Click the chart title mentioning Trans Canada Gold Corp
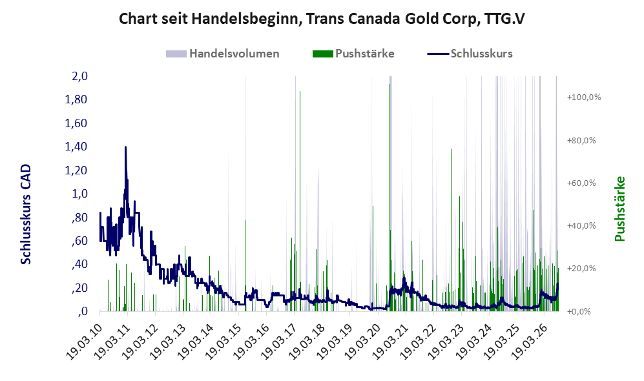[322, 19]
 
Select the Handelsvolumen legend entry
[223, 54]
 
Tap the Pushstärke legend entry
[353, 54]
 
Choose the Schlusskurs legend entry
[470, 54]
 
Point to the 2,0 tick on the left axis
[79, 76]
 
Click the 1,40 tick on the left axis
[76, 147]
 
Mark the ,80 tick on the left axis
[79, 217]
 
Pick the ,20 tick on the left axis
[79, 288]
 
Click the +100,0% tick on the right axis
[584, 98]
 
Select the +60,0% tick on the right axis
[581, 183]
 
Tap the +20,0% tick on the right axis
[581, 269]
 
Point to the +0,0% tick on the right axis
[579, 312]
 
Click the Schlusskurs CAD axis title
[26, 214]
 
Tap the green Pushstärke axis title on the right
[619, 209]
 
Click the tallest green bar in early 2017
[300, 201]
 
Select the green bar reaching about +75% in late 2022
[452, 230]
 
